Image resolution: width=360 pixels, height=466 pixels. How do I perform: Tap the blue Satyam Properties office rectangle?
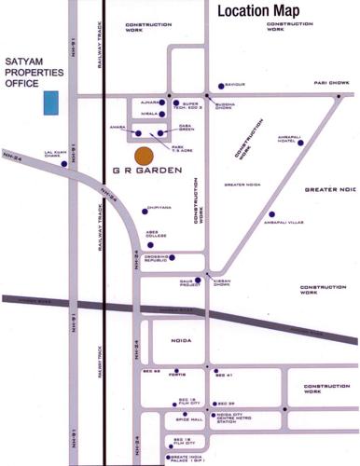(53, 103)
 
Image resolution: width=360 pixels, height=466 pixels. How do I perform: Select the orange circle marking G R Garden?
(144, 157)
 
